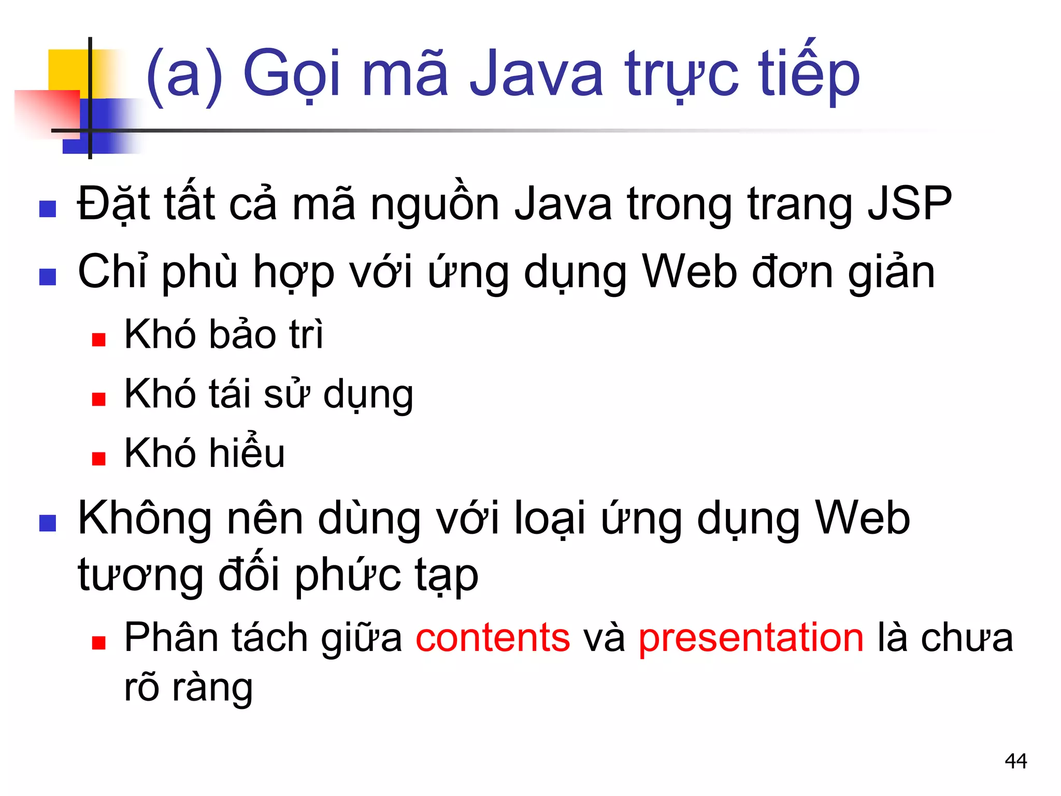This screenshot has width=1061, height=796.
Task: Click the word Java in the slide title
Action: click(x=536, y=74)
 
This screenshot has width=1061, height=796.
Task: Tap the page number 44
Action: click(x=1015, y=761)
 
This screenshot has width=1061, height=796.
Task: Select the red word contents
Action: click(x=492, y=637)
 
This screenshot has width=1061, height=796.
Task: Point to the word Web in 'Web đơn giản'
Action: click(x=689, y=272)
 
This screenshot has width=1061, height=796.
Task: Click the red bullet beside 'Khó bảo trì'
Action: click(x=98, y=339)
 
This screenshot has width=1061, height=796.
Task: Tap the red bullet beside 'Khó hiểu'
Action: click(x=98, y=459)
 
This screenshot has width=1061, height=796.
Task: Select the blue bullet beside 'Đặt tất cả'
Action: click(x=48, y=209)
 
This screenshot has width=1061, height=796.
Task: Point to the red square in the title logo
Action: click(x=47, y=111)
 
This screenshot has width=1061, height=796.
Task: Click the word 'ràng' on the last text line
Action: click(x=212, y=688)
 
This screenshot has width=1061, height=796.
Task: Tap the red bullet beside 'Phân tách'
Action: click(x=98, y=643)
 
